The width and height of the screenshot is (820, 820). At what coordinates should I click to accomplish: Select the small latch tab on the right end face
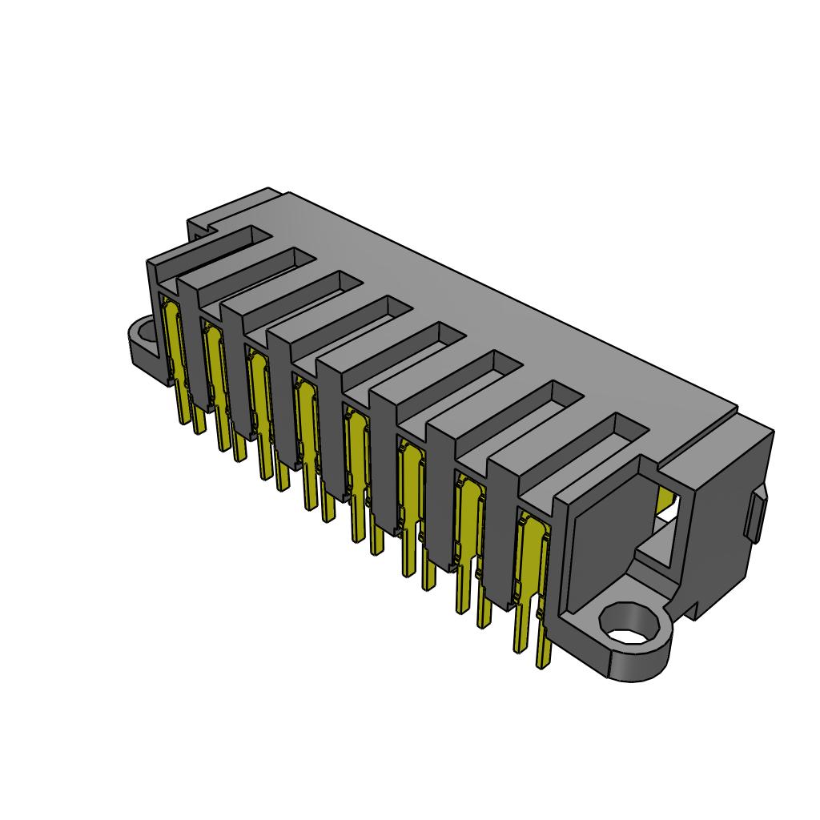tap(755, 517)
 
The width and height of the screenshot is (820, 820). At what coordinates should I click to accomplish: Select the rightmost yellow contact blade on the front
tap(529, 561)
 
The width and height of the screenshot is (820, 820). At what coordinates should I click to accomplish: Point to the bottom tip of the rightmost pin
tap(544, 663)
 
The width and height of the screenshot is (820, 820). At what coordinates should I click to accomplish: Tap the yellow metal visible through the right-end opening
tap(663, 501)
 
